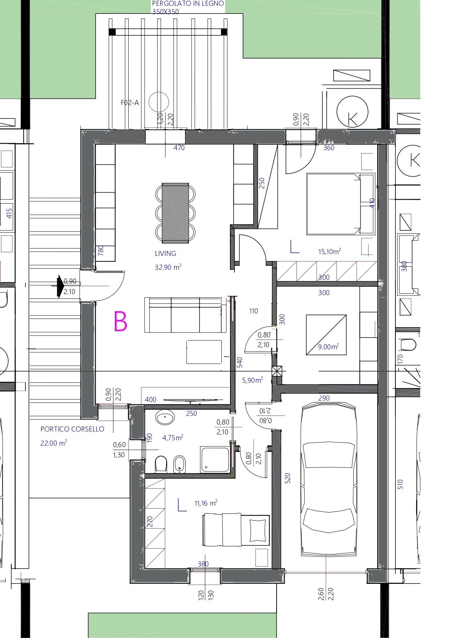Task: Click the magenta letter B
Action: (x=120, y=321)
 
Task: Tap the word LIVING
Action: (x=165, y=254)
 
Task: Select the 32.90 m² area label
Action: (x=168, y=267)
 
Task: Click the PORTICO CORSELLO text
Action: (x=72, y=429)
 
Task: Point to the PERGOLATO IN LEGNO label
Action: (x=188, y=4)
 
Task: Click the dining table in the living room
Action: (x=175, y=213)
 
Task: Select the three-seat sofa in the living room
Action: (x=185, y=315)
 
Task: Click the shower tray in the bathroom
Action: (x=215, y=460)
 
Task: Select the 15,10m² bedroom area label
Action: (x=329, y=251)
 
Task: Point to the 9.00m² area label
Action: (x=328, y=346)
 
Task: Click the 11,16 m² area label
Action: (x=206, y=503)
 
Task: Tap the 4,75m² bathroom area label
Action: (x=173, y=437)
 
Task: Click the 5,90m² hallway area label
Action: (x=252, y=380)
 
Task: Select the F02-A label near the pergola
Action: (x=130, y=103)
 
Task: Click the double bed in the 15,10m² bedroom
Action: (x=341, y=204)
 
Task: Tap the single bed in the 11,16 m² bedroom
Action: (x=236, y=530)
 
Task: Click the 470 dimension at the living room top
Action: (x=179, y=148)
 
